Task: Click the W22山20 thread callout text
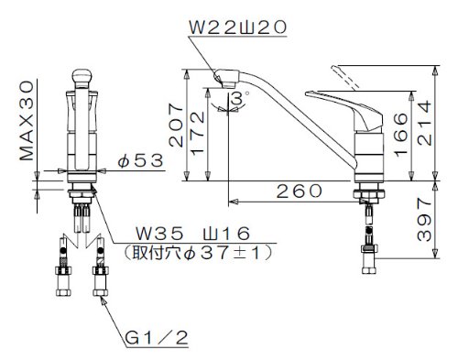[238, 27]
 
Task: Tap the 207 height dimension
[176, 125]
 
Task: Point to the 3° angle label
[240, 99]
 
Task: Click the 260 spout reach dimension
[299, 191]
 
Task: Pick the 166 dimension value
[400, 135]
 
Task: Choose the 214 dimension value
[425, 123]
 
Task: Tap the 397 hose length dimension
[424, 219]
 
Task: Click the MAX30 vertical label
[27, 120]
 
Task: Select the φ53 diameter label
[140, 160]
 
